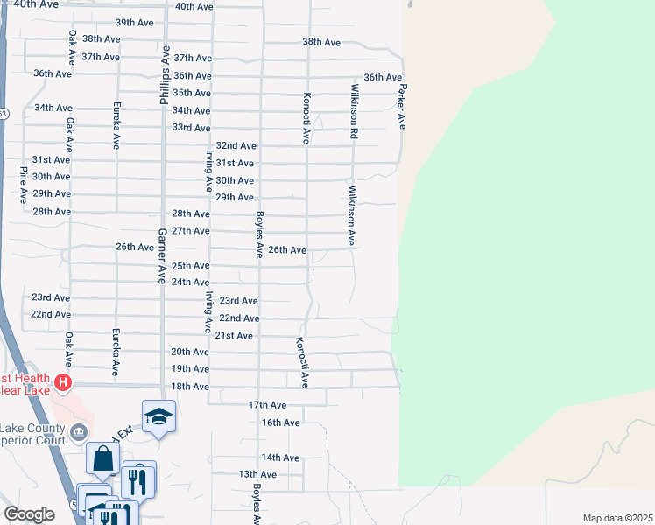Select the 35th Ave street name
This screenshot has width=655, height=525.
[191, 93]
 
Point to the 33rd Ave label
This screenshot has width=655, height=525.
[191, 128]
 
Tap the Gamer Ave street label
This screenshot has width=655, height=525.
[161, 256]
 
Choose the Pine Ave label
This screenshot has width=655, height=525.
[23, 185]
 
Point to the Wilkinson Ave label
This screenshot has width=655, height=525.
[350, 215]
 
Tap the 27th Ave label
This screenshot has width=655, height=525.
[190, 231]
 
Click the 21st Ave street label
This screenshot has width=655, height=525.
[234, 336]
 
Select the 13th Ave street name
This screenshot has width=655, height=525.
[257, 474]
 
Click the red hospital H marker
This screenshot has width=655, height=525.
[62, 382]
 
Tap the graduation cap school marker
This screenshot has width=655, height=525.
[158, 416]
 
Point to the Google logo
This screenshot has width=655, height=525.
[29, 514]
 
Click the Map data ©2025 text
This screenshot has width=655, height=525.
[617, 518]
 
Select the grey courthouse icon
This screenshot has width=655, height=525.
[79, 430]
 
